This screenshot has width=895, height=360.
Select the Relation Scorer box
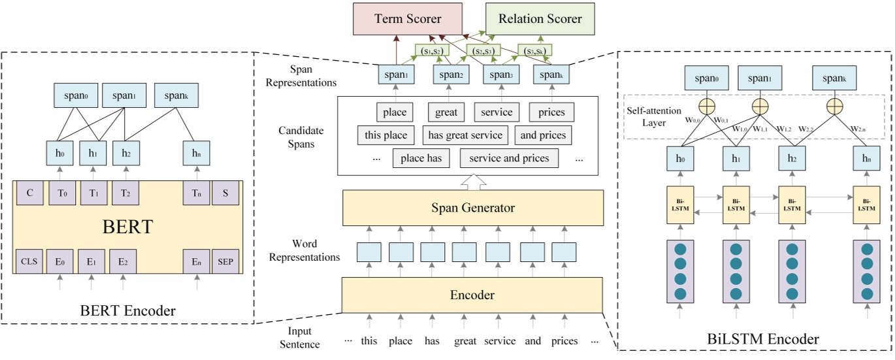tap(540, 19)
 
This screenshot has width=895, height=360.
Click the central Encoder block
tap(472, 295)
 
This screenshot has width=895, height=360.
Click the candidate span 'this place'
tap(386, 135)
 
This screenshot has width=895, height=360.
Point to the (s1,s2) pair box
tap(432, 50)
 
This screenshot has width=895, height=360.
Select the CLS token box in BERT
tap(28, 261)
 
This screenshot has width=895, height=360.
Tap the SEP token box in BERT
tap(225, 261)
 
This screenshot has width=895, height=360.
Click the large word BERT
tap(128, 227)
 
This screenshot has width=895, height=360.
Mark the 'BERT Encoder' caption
tap(128, 311)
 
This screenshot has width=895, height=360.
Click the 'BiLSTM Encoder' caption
tap(753, 338)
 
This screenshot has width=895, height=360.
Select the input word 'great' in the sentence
tap(465, 341)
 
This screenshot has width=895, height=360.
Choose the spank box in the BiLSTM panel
tap(834, 78)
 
